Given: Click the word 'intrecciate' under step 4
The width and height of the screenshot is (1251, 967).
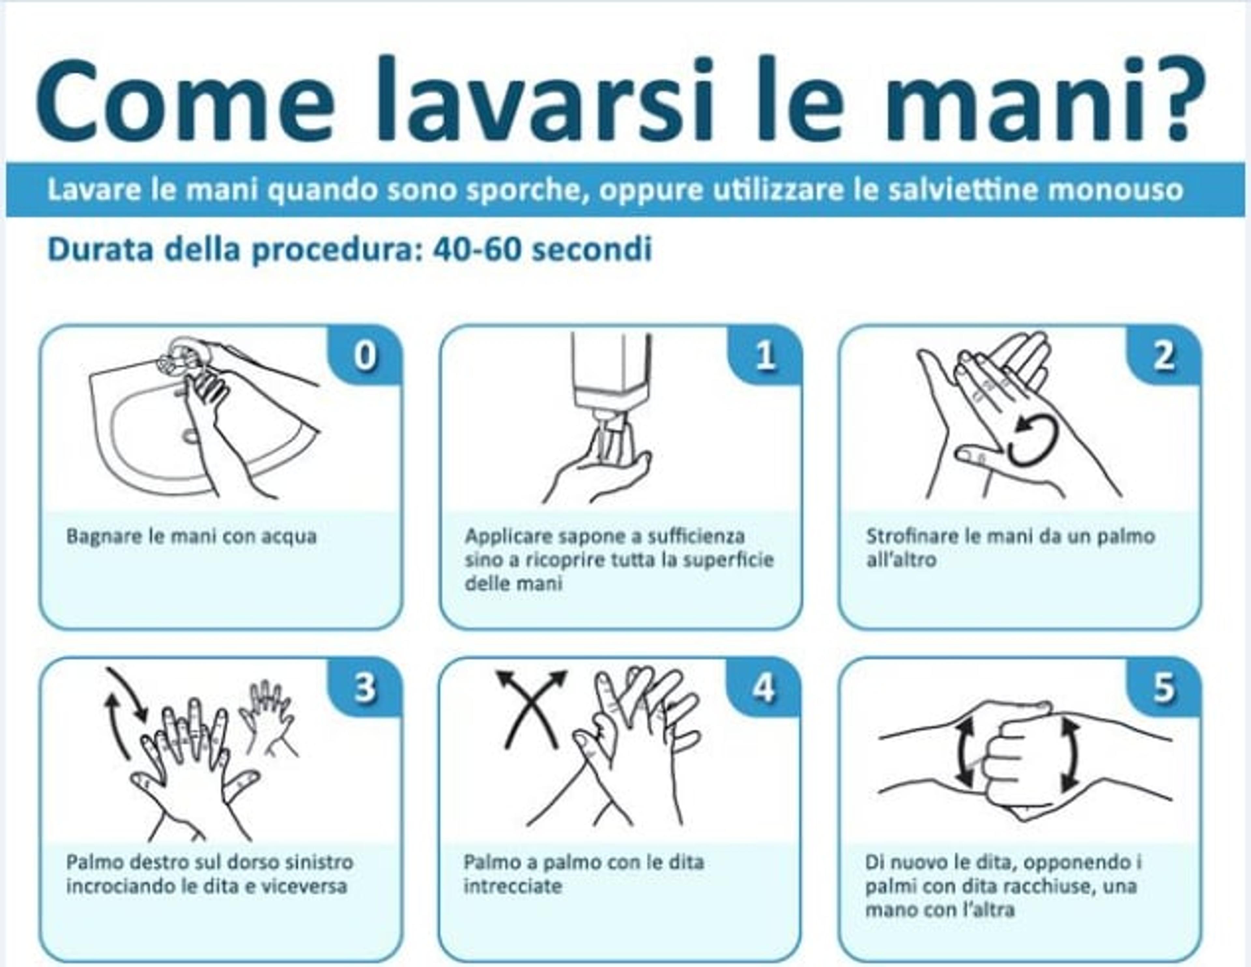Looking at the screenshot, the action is coord(513,886).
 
